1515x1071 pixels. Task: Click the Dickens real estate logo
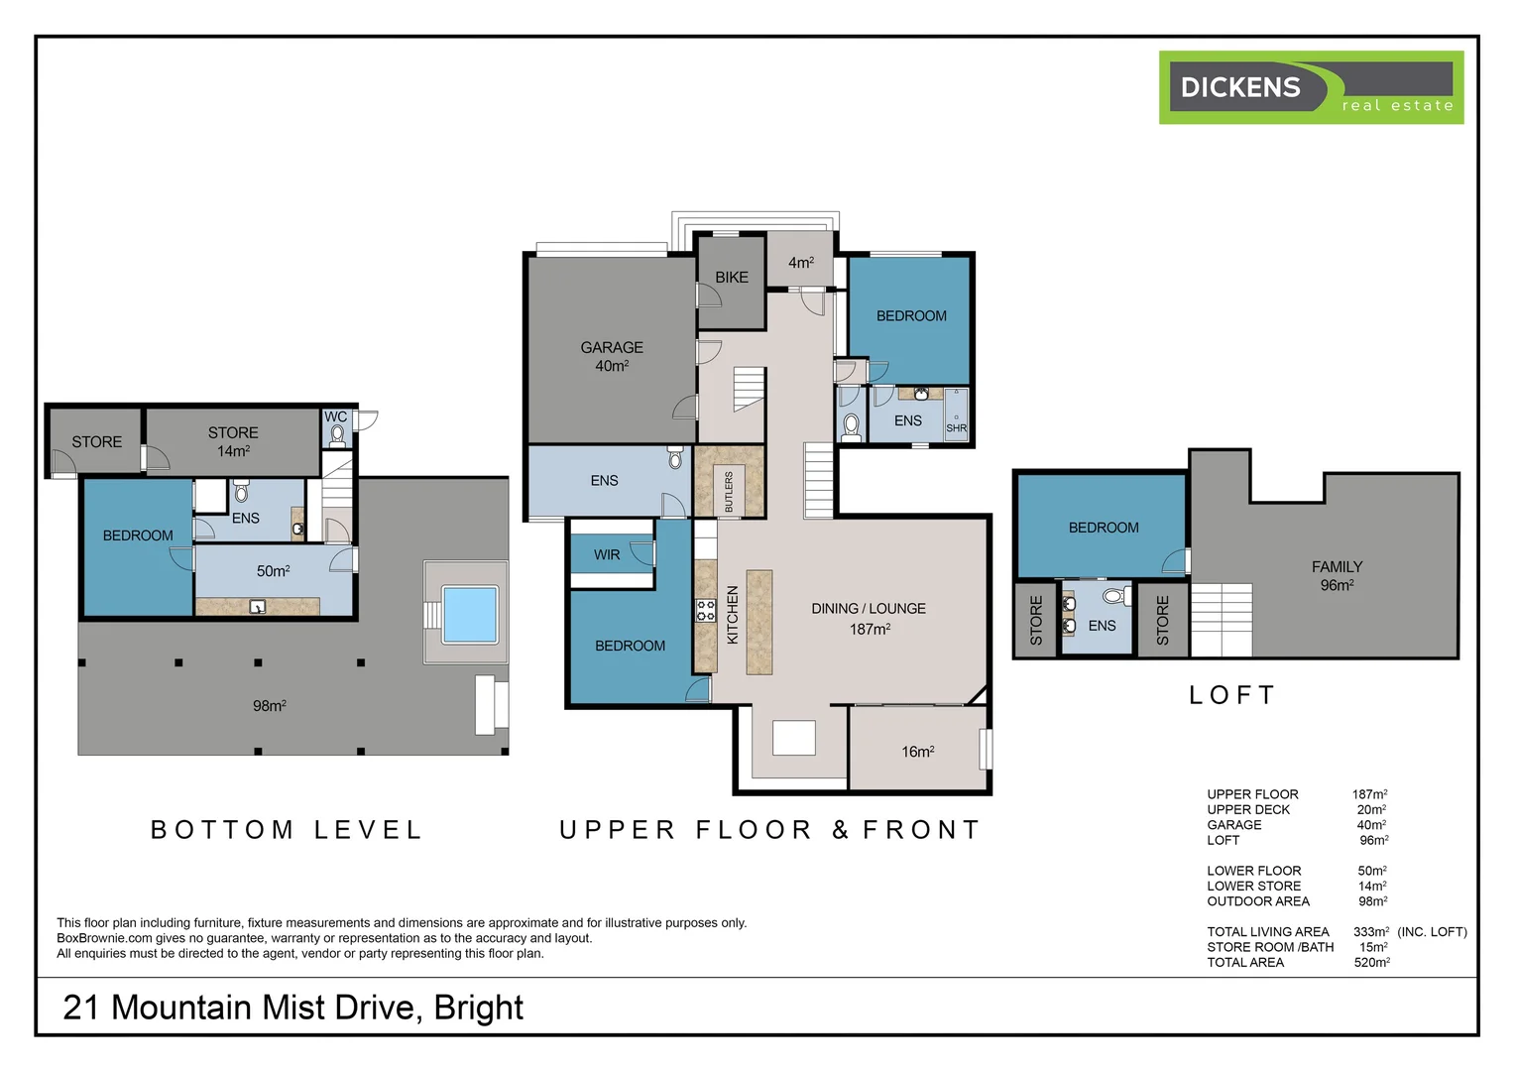(x=1311, y=87)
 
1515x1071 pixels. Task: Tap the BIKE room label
(x=732, y=278)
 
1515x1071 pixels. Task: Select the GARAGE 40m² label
(x=612, y=357)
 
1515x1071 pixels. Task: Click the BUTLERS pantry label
(x=729, y=492)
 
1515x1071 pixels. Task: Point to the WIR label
(x=607, y=554)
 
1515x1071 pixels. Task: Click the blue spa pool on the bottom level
(x=470, y=614)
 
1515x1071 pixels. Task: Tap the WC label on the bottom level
(x=335, y=416)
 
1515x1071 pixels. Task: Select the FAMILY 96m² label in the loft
(x=1338, y=576)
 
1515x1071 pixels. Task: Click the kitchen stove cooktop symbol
(x=705, y=610)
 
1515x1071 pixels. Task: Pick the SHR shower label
(x=957, y=428)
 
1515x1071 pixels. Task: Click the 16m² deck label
(x=918, y=752)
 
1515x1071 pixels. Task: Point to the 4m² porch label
(x=801, y=263)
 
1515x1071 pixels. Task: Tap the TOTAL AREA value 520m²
(x=1371, y=962)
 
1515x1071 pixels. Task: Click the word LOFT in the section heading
(x=1231, y=695)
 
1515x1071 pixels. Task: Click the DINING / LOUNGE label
(x=869, y=608)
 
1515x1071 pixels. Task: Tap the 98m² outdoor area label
(x=269, y=706)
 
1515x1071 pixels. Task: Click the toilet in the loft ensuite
(x=1116, y=596)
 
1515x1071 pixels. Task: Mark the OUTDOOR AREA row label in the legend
(x=1258, y=901)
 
